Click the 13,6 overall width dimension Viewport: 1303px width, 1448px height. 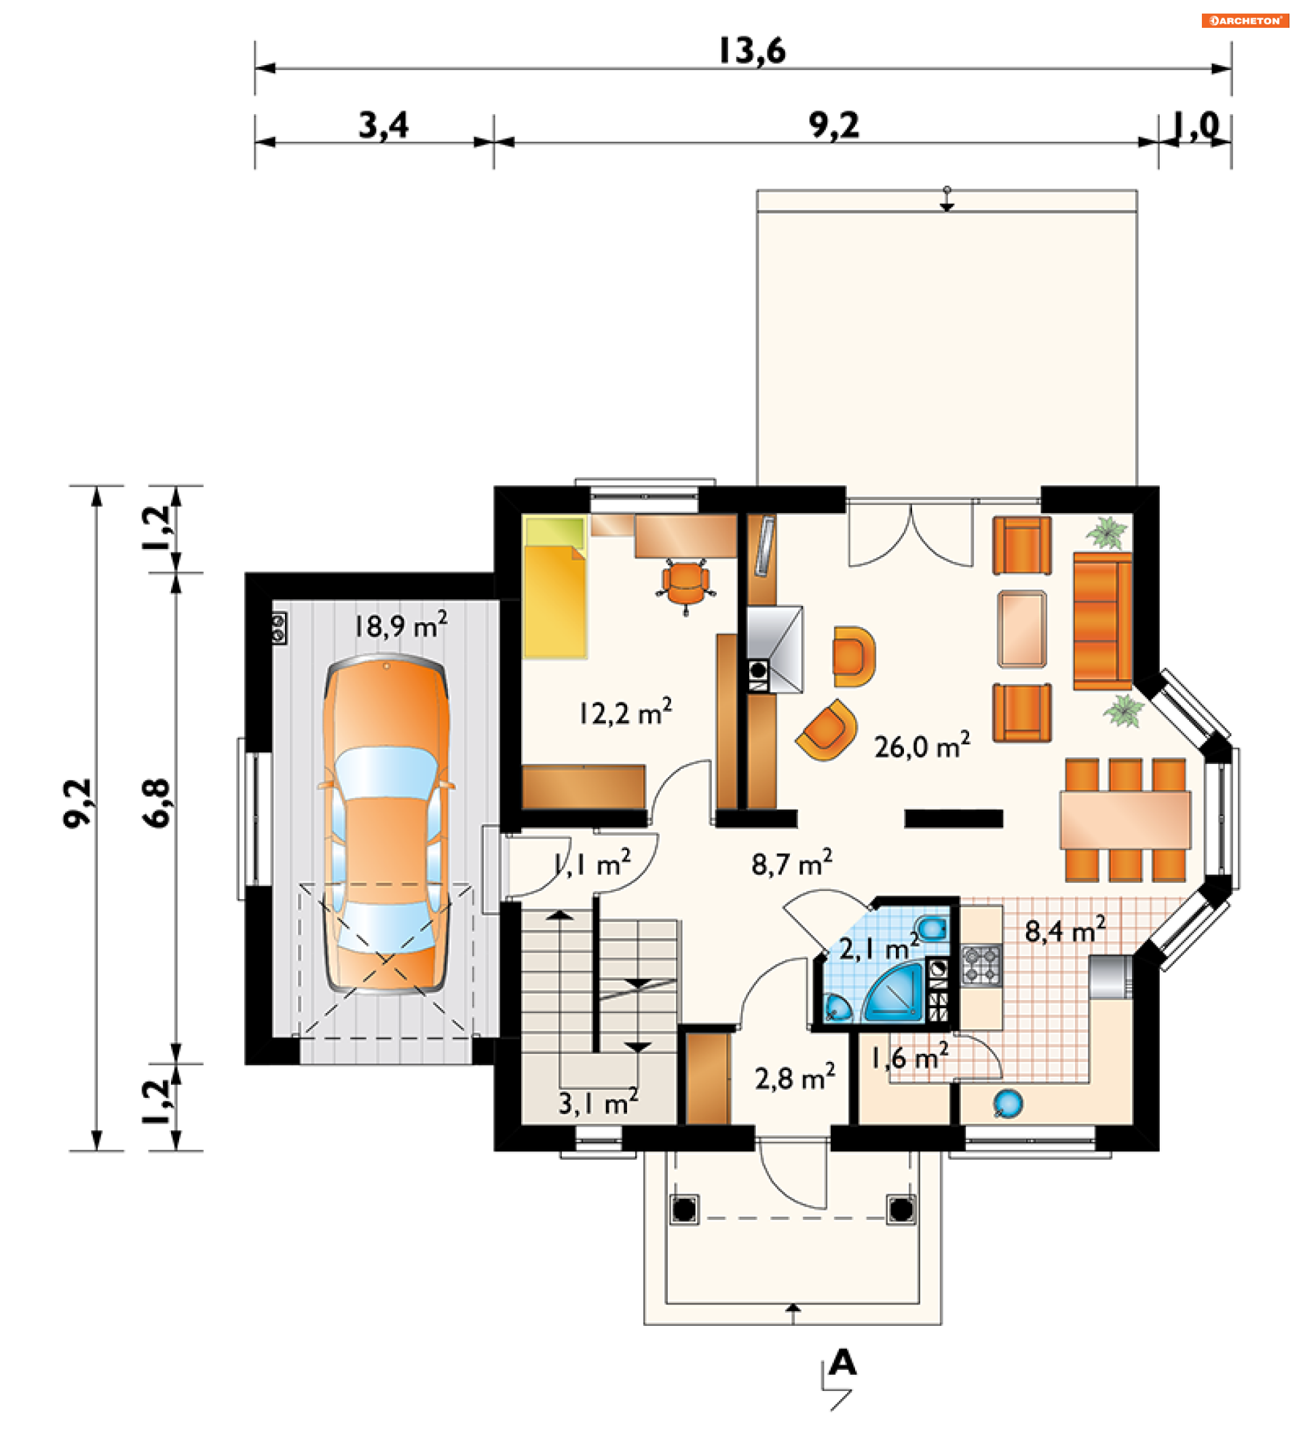click(x=752, y=51)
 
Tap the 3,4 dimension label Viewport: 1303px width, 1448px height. click(x=383, y=125)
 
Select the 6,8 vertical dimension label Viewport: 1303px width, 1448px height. click(x=157, y=803)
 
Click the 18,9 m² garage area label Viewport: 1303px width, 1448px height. click(x=401, y=625)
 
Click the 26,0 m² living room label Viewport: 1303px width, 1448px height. click(x=922, y=745)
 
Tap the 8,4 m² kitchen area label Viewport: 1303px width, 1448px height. click(x=1065, y=930)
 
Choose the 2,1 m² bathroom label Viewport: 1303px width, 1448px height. click(x=879, y=948)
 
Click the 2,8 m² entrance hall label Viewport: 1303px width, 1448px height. click(x=795, y=1078)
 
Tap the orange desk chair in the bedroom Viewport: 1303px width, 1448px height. click(x=686, y=586)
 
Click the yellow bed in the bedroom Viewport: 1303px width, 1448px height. click(x=555, y=587)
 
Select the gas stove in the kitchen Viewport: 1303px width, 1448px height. click(x=981, y=966)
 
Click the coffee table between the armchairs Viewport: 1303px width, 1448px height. click(x=1021, y=629)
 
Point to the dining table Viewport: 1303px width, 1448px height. click(x=1125, y=820)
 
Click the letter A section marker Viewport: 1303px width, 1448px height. click(x=843, y=1363)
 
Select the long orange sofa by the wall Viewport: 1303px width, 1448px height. click(x=1103, y=622)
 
